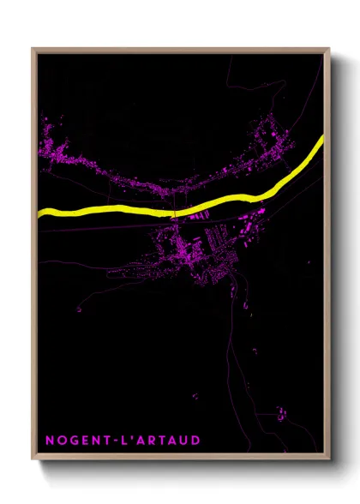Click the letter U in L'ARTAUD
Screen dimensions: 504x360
(x=183, y=441)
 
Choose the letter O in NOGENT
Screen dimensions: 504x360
(x=63, y=441)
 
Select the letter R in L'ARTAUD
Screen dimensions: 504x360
(x=160, y=441)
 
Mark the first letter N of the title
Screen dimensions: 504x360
(x=50, y=441)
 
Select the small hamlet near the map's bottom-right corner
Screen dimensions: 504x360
(x=282, y=416)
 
